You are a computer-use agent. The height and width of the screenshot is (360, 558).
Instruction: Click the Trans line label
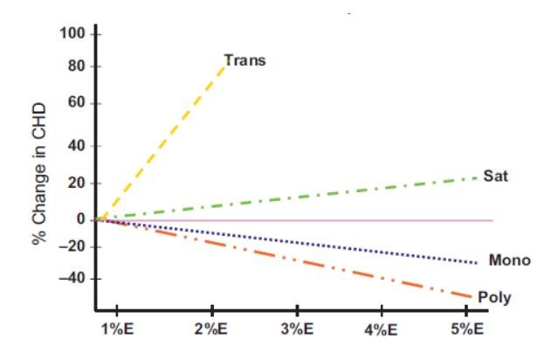tap(245, 61)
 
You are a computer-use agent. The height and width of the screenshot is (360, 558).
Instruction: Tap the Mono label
tap(509, 260)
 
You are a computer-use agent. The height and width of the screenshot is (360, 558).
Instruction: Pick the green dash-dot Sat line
tap(297, 197)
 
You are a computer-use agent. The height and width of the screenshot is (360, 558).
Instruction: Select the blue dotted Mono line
tap(297, 241)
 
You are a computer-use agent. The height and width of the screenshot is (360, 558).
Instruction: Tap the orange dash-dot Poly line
tap(297, 257)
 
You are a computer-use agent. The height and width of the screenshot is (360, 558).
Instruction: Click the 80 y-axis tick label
tap(77, 66)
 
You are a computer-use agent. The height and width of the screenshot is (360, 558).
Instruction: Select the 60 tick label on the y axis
tap(77, 104)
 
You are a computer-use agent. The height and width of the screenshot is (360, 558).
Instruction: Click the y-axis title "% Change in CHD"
tap(40, 174)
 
